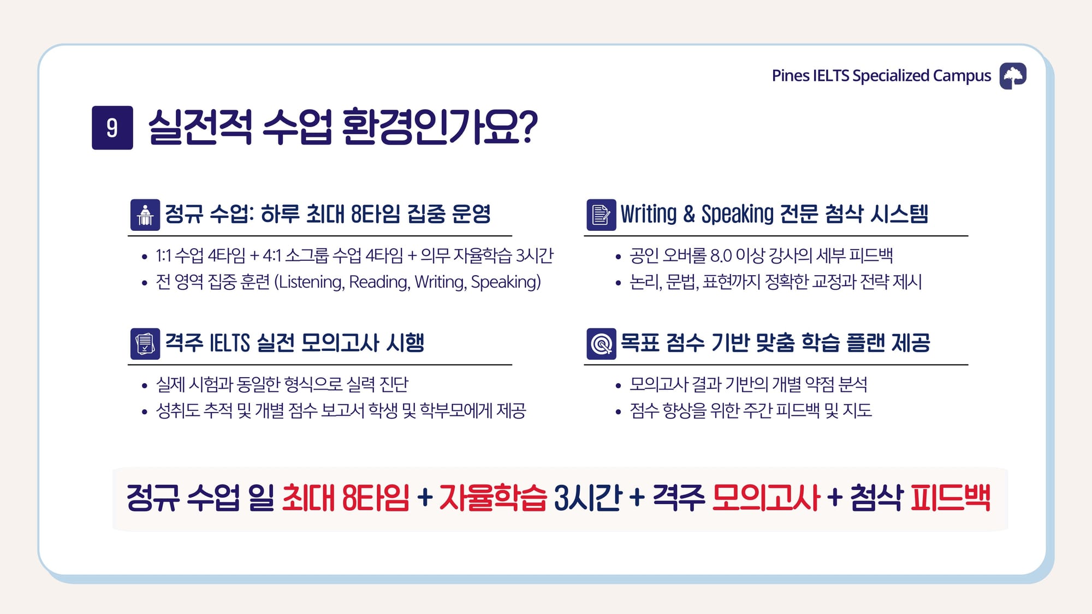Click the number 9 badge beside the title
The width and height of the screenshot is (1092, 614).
click(x=112, y=128)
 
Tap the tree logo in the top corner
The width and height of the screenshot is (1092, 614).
click(x=1013, y=76)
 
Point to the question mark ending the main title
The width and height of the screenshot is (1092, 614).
click(x=527, y=127)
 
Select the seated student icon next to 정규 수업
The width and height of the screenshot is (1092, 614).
click(x=145, y=215)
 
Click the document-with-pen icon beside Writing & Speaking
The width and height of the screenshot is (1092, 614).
click(x=601, y=215)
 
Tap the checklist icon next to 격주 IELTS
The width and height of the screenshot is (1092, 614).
click(x=145, y=344)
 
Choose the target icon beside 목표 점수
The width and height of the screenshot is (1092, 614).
click(x=601, y=344)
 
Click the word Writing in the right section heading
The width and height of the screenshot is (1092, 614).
click(x=649, y=214)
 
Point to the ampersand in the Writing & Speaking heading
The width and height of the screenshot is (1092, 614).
click(x=689, y=214)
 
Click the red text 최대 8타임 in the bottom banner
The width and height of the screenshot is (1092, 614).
click(x=346, y=498)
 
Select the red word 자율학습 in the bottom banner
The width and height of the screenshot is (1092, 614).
click(x=492, y=498)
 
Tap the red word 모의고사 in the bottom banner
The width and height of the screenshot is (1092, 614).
click(x=766, y=498)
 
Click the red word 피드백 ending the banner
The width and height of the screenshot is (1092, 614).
click(x=950, y=498)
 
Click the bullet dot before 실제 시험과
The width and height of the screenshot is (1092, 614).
click(x=144, y=386)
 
